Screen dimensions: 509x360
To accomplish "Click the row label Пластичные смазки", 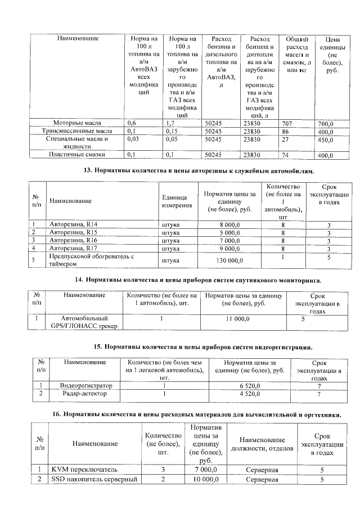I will [76, 154].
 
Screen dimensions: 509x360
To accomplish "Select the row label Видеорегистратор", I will [85, 386].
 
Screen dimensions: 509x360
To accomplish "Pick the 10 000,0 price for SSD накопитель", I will [210, 480].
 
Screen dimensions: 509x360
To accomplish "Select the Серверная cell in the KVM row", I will [262, 469].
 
